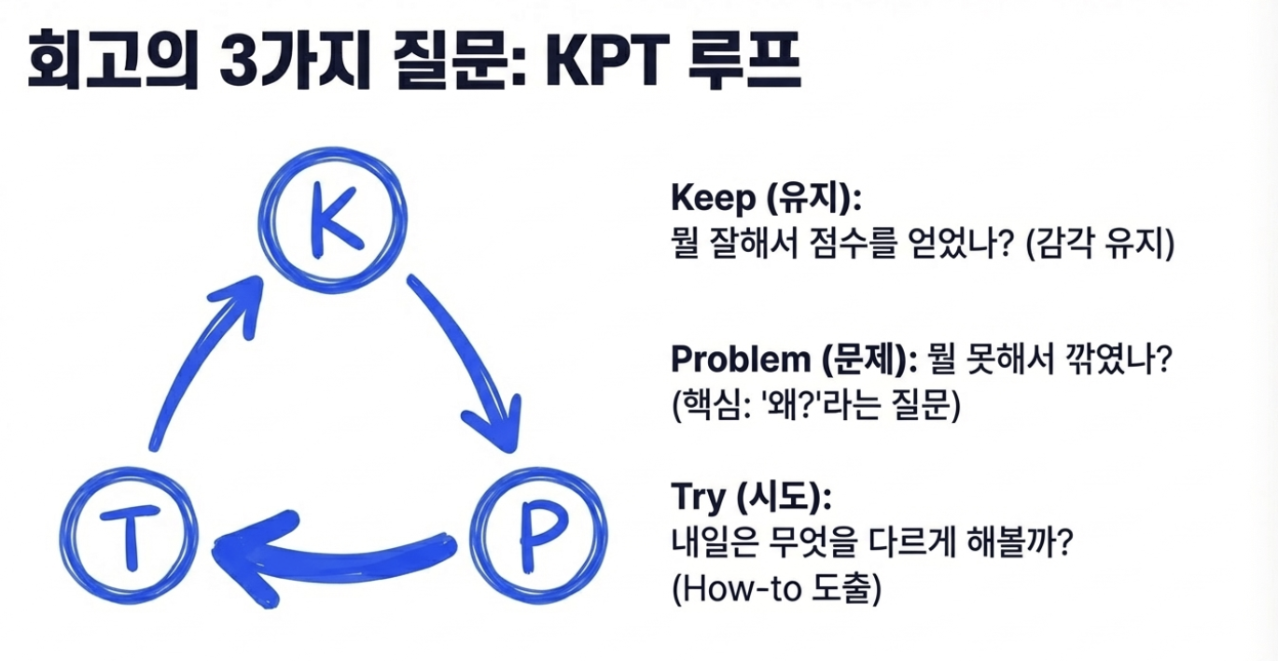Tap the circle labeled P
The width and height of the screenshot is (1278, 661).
pyautogui.click(x=538, y=530)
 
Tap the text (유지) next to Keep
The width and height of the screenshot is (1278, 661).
pyautogui.click(x=811, y=199)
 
